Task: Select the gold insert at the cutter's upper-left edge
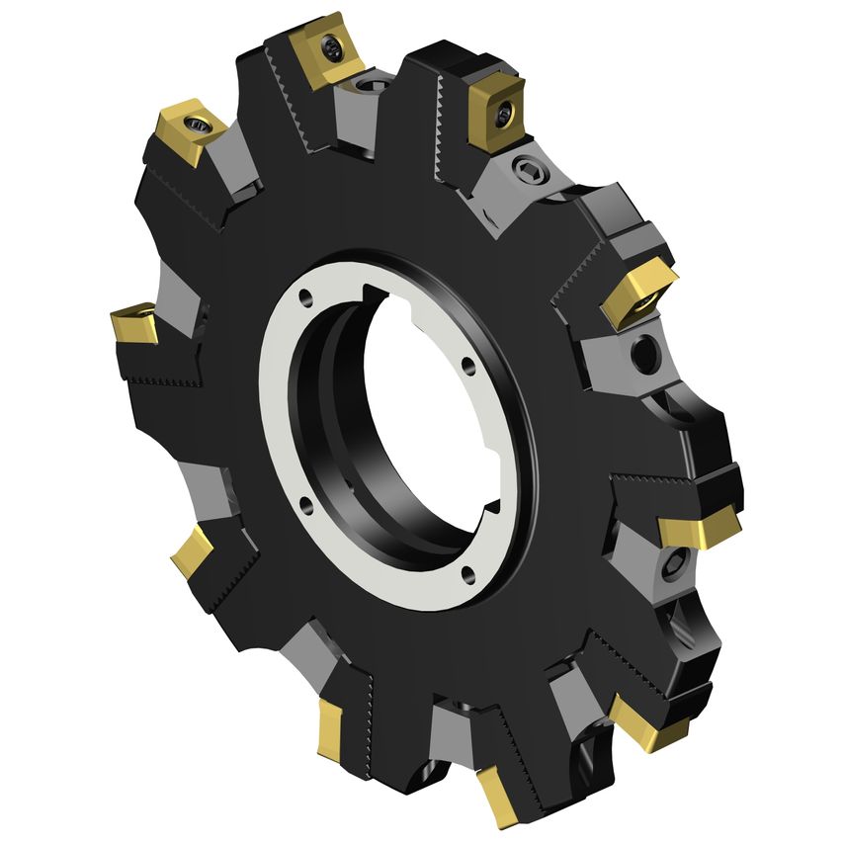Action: pyautogui.click(x=188, y=132)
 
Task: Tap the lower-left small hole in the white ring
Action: pyautogui.click(x=306, y=506)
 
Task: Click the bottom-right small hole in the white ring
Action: pyautogui.click(x=469, y=574)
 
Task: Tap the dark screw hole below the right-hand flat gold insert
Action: pyautogui.click(x=676, y=564)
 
